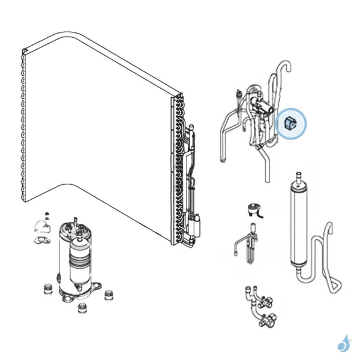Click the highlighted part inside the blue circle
click(291, 124)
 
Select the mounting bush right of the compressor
click(108, 296)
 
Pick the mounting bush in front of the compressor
click(82, 309)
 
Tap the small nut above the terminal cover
click(45, 213)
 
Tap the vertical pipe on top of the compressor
click(77, 222)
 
